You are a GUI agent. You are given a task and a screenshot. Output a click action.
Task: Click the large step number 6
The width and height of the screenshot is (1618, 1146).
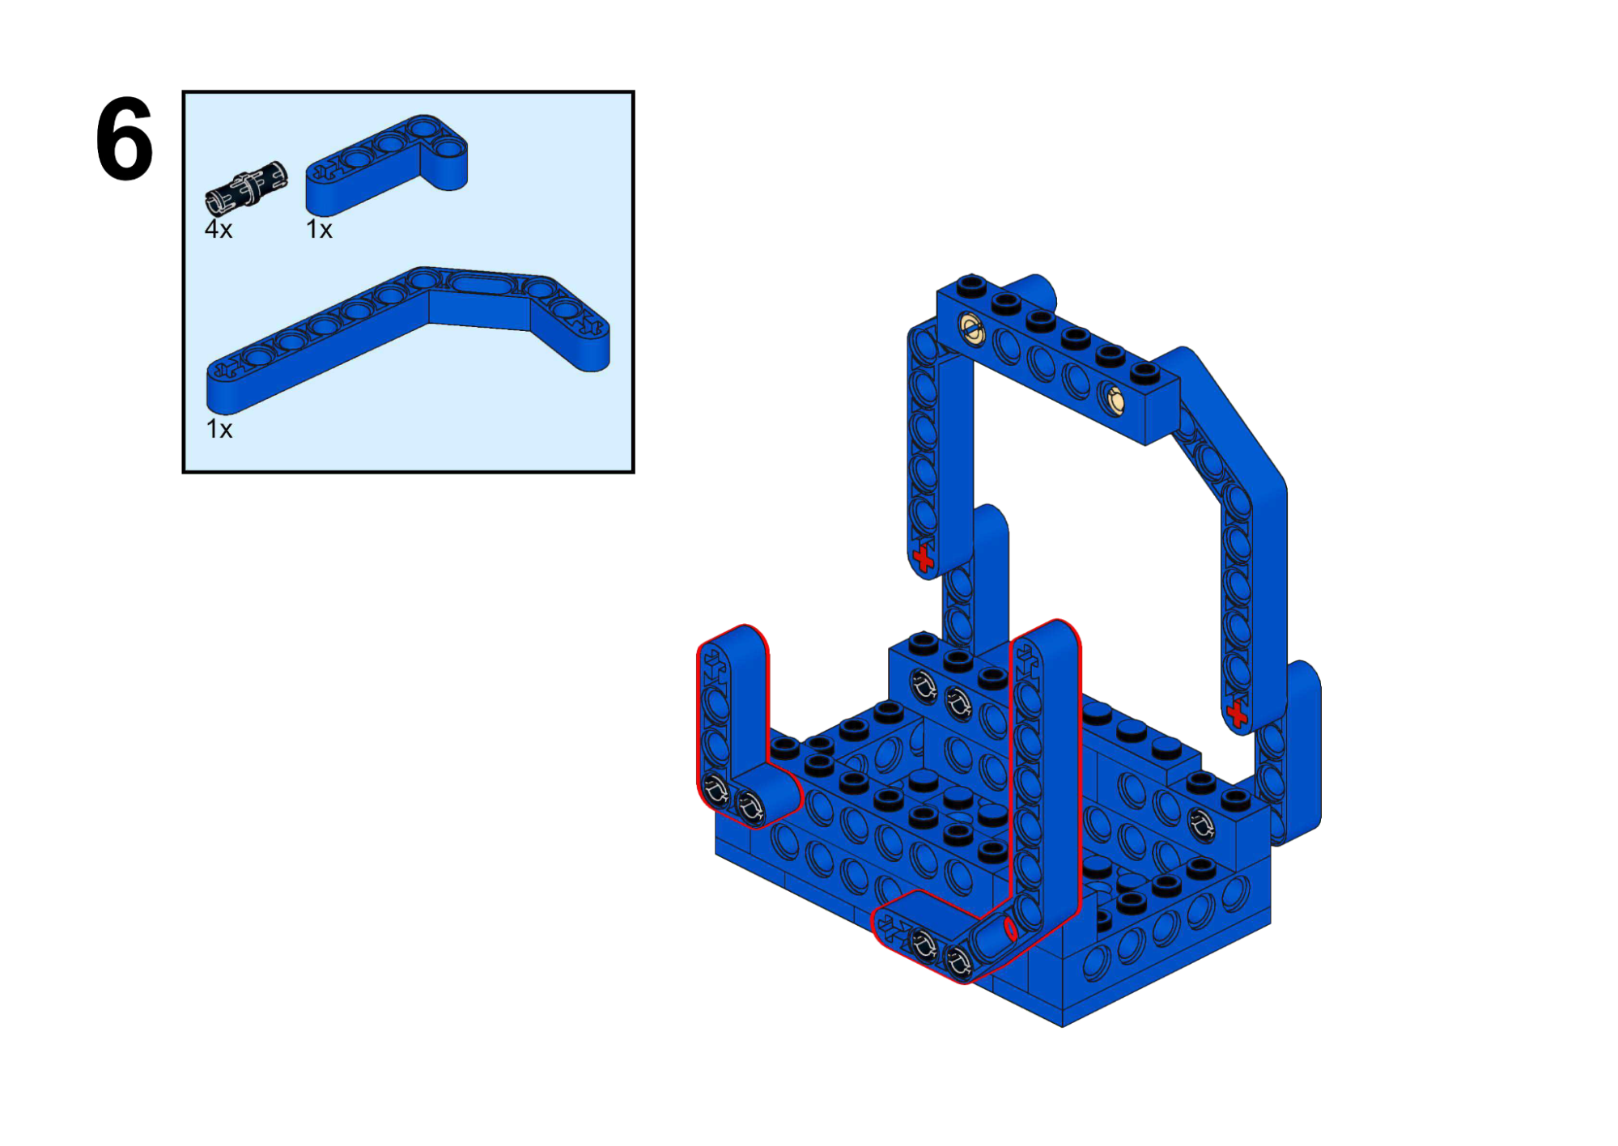124,139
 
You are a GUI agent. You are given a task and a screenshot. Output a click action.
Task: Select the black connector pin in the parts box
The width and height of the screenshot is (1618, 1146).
246,188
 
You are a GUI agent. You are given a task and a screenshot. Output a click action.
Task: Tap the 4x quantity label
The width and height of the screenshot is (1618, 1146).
219,230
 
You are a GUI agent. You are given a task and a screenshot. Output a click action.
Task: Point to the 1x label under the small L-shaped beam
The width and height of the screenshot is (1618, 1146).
319,230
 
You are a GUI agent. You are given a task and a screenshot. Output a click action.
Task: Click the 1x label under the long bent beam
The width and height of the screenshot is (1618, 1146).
219,429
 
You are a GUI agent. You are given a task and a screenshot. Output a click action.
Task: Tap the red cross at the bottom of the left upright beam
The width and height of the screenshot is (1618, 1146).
923,558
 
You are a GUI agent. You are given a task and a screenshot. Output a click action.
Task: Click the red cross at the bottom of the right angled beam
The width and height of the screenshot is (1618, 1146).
1237,713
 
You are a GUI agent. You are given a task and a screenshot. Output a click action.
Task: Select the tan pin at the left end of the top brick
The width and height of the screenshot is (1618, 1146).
970,329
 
